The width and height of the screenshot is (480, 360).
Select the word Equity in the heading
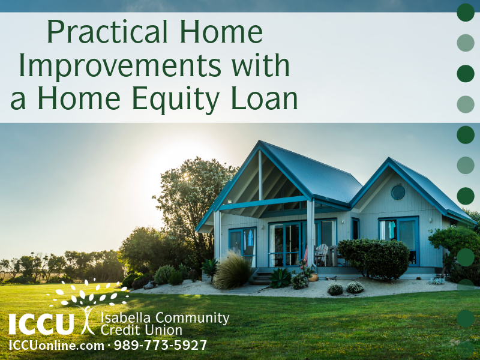coord(181,98)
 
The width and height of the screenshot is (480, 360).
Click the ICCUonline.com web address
coord(56,346)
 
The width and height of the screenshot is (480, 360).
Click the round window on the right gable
coord(398,192)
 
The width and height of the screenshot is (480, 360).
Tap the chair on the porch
coord(322,254)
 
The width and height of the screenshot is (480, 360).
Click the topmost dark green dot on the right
coord(466,12)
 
